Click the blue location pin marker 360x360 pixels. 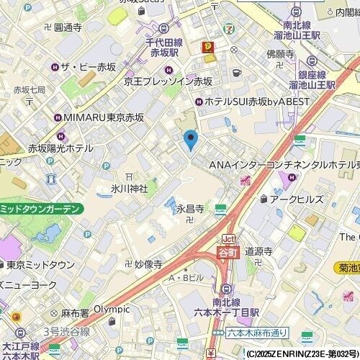click(x=191, y=138)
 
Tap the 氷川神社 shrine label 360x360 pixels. click(x=129, y=189)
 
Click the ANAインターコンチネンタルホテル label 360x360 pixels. click(x=284, y=166)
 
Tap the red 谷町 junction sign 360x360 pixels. click(x=228, y=252)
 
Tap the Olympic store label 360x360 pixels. click(x=112, y=309)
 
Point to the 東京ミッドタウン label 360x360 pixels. click(x=45, y=264)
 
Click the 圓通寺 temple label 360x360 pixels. click(x=68, y=27)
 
